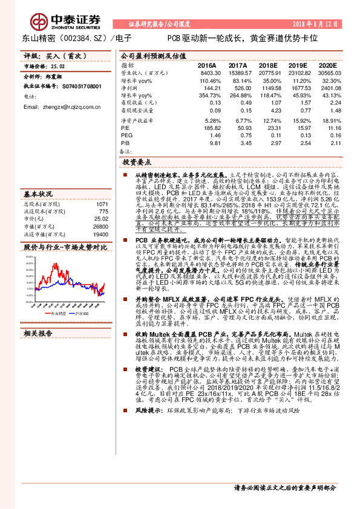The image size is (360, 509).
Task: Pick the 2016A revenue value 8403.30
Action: point(208,73)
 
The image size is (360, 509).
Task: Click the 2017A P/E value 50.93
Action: point(238,129)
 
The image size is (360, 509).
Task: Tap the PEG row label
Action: point(126,136)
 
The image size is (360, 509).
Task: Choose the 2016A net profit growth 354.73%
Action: point(208,96)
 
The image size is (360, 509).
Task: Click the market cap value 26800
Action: point(100,226)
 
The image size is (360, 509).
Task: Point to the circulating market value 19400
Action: point(100,234)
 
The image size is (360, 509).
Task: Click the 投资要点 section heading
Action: point(137,163)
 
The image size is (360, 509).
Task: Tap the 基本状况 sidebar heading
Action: point(38,194)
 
